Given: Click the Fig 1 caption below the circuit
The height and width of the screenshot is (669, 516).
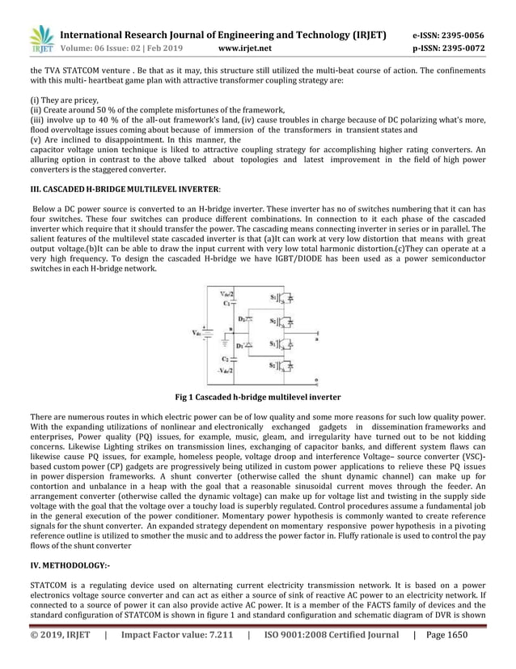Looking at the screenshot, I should (x=258, y=398).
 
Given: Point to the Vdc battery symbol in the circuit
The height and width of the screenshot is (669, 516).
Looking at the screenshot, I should (x=207, y=332).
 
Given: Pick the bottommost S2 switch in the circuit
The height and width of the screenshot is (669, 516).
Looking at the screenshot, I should (x=277, y=367).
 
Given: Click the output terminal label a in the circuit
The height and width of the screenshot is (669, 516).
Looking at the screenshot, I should (x=316, y=340).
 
